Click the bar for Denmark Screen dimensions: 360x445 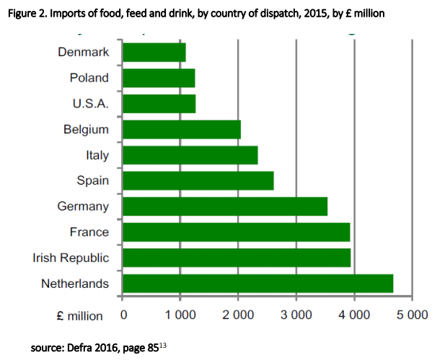pos(154,53)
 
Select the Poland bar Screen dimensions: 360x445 pos(159,78)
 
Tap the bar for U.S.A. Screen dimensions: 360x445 pos(159,104)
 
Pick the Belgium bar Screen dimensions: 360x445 pos(182,130)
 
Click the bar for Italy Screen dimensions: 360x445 pos(190,155)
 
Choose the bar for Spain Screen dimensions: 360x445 pos(198,181)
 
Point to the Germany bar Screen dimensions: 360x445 pos(225,206)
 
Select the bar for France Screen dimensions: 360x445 pos(237,232)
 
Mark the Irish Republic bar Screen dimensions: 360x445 pos(237,258)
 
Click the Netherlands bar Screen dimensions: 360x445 pos(258,284)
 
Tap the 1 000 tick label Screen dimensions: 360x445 pos(180,315)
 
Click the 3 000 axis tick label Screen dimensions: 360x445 pos(296,315)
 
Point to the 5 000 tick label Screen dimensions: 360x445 pos(413,315)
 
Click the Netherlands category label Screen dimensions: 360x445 pos(74,284)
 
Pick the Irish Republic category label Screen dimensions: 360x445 pos(71,258)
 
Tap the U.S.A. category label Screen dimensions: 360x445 pos(90,104)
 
